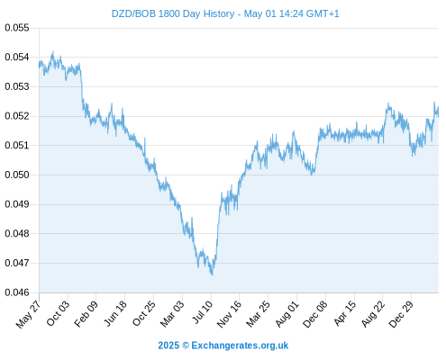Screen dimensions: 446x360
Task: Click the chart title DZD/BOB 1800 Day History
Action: pyautogui.click(x=173, y=13)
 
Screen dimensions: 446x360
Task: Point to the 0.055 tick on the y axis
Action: pyautogui.click(x=17, y=28)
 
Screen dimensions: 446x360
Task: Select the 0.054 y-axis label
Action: pyautogui.click(x=17, y=57)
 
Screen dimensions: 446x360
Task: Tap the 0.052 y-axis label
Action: pyautogui.click(x=17, y=116)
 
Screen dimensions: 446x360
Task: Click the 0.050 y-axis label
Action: pyautogui.click(x=17, y=175)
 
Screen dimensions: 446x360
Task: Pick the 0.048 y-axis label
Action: pyautogui.click(x=17, y=233)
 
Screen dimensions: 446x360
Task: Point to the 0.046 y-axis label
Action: pyautogui.click(x=17, y=292)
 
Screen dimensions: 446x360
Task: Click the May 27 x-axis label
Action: pyautogui.click(x=28, y=314)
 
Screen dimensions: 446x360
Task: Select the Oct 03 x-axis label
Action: pyautogui.click(x=58, y=313)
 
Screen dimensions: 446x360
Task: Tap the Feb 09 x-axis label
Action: pyautogui.click(x=86, y=314)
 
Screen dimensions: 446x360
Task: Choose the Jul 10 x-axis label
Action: pyautogui.click(x=202, y=312)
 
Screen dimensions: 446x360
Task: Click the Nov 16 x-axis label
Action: pyautogui.click(x=229, y=314)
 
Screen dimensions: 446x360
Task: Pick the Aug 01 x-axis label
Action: pyautogui.click(x=287, y=314)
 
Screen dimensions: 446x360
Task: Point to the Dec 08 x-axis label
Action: pyautogui.click(x=314, y=314)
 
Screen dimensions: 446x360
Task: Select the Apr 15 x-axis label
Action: pyautogui.click(x=344, y=313)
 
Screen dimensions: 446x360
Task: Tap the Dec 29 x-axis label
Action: pyautogui.click(x=401, y=314)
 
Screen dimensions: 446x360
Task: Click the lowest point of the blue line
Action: pyautogui.click(x=212, y=274)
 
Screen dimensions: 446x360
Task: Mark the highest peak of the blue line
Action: pyautogui.click(x=53, y=52)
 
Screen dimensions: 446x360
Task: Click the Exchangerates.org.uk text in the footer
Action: pyautogui.click(x=240, y=346)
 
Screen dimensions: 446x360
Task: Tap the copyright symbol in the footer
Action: pyautogui.click(x=186, y=346)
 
